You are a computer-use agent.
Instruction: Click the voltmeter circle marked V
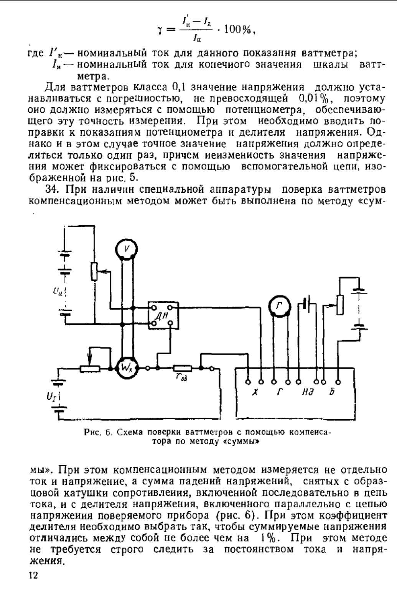coord(126,249)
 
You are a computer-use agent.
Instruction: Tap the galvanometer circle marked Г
coord(279,305)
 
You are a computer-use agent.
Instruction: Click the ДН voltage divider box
coord(164,315)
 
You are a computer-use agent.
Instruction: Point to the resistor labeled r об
coord(180,369)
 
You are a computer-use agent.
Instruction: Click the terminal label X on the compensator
coord(254,392)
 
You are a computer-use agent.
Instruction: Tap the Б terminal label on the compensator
coord(332,392)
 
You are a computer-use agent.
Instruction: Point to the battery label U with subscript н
coord(58,292)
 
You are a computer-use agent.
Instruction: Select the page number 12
coord(33,575)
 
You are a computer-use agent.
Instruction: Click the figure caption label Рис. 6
coord(98,432)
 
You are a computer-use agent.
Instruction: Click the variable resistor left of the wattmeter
coord(90,369)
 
